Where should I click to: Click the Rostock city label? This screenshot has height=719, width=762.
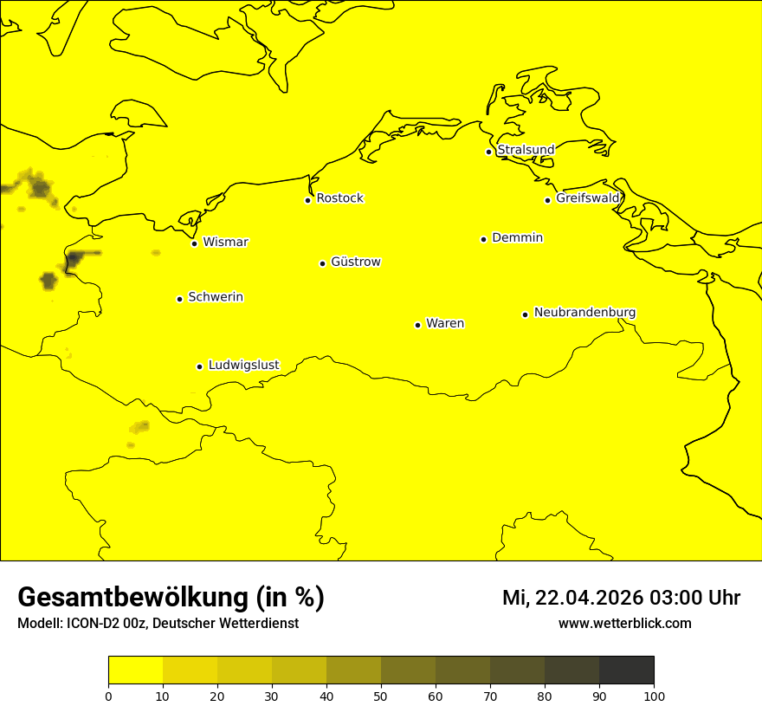339,198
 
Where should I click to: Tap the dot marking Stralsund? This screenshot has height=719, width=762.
488,152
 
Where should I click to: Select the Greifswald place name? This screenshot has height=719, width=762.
588,198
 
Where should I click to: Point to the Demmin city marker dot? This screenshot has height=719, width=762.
483,239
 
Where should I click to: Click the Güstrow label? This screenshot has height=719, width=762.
356,262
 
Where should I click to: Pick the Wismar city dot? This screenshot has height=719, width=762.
194,243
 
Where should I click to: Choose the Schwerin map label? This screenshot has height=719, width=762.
216,297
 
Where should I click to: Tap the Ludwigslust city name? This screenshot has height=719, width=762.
243,365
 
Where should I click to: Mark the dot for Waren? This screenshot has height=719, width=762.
417,325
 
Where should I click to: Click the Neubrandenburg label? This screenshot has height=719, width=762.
584,312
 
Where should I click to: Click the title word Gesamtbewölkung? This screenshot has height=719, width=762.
134,598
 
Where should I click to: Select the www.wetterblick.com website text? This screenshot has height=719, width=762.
624,624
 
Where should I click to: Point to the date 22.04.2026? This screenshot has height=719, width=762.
585,598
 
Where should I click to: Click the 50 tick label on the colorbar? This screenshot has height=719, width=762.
381,696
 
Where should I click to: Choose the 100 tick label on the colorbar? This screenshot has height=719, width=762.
654,696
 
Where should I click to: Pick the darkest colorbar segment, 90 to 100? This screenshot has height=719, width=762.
626,670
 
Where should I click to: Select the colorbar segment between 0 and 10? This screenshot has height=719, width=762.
135,670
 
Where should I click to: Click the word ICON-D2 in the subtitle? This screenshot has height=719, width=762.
88,624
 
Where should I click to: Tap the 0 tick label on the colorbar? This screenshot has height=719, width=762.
108,696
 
